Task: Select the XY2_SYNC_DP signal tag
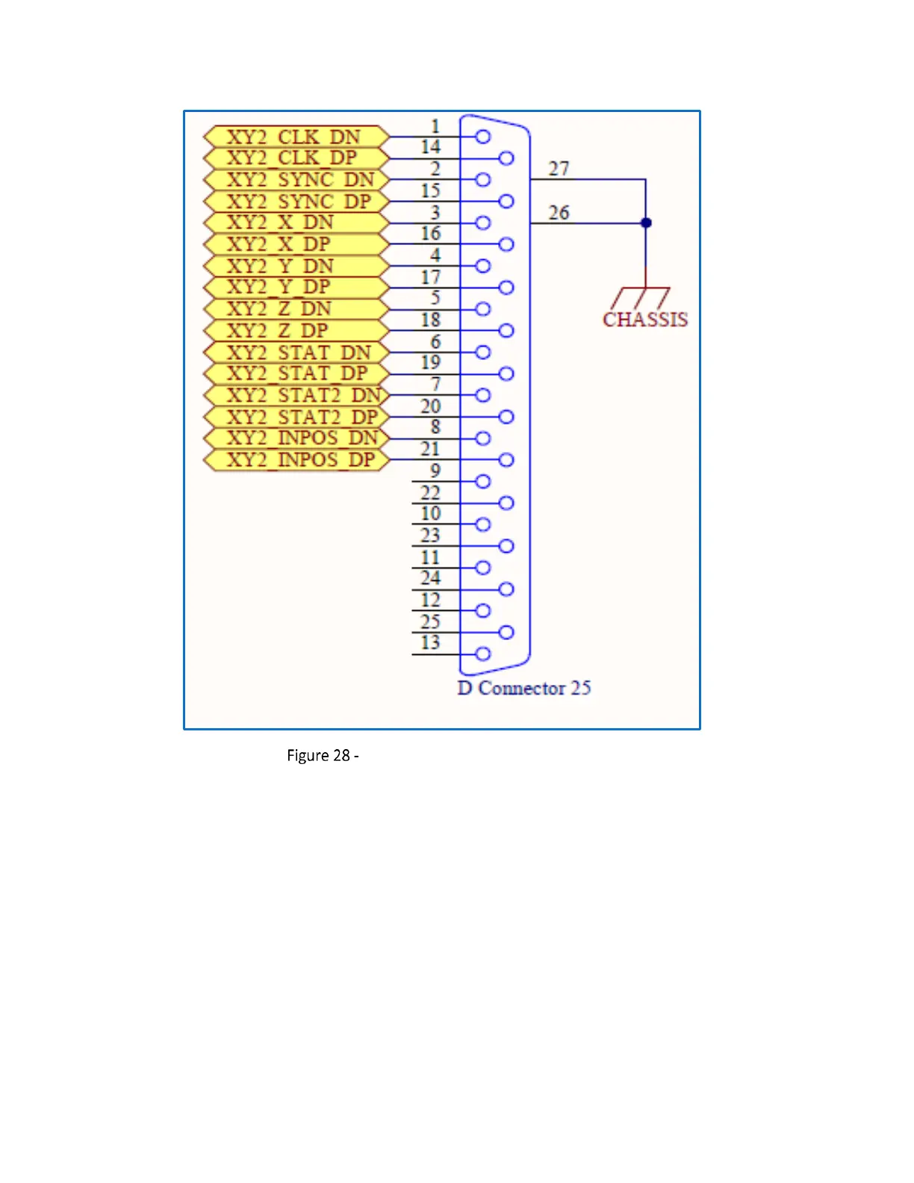point(296,202)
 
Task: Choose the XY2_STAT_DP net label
point(296,373)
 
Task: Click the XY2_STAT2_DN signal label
point(296,395)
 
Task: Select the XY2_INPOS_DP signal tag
point(296,460)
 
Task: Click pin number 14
point(431,147)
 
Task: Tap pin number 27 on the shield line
point(559,169)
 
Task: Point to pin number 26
point(559,213)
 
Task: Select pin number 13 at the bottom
point(431,643)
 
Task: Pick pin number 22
point(431,493)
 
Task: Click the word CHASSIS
point(645,320)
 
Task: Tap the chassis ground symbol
point(641,297)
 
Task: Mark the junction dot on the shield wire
point(646,223)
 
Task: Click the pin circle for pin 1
point(483,137)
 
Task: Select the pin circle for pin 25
point(506,633)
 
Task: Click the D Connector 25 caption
point(524,688)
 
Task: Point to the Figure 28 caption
point(323,755)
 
